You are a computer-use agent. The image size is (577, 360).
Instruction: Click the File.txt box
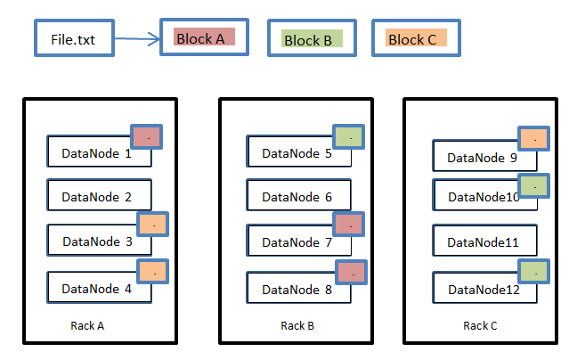(73, 40)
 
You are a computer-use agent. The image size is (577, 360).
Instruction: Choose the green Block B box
(312, 39)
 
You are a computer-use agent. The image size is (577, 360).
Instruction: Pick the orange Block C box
(416, 38)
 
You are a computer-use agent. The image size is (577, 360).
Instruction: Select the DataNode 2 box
(99, 196)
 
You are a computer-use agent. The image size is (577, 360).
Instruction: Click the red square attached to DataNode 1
(147, 137)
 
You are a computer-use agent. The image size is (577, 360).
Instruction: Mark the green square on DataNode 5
(349, 137)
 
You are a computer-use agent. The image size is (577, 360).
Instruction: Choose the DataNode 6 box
(297, 197)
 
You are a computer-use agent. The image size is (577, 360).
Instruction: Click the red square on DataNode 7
(349, 226)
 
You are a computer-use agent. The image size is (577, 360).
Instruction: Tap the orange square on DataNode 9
(532, 139)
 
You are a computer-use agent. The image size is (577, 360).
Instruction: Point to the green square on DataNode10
(532, 185)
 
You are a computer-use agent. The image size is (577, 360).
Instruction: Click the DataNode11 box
(484, 241)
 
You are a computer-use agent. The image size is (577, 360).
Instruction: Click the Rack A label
(87, 326)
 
